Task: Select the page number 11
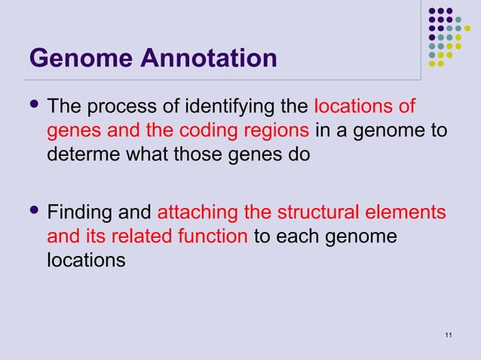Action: coord(449,335)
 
